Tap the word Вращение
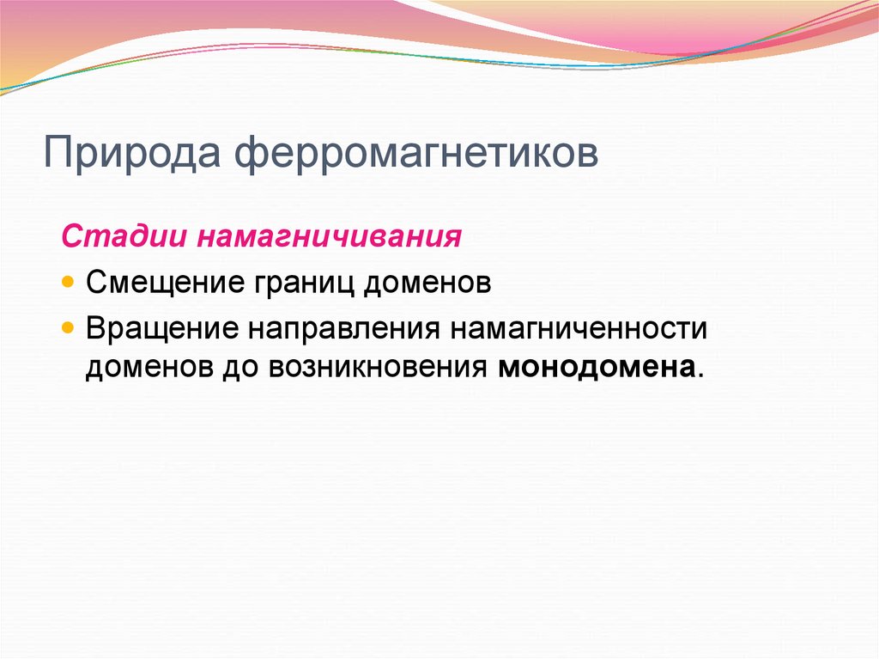tap(163, 329)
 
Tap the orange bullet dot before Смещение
tap(69, 283)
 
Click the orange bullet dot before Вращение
tap(69, 329)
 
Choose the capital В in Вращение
tap(94, 329)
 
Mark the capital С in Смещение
tap(95, 283)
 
